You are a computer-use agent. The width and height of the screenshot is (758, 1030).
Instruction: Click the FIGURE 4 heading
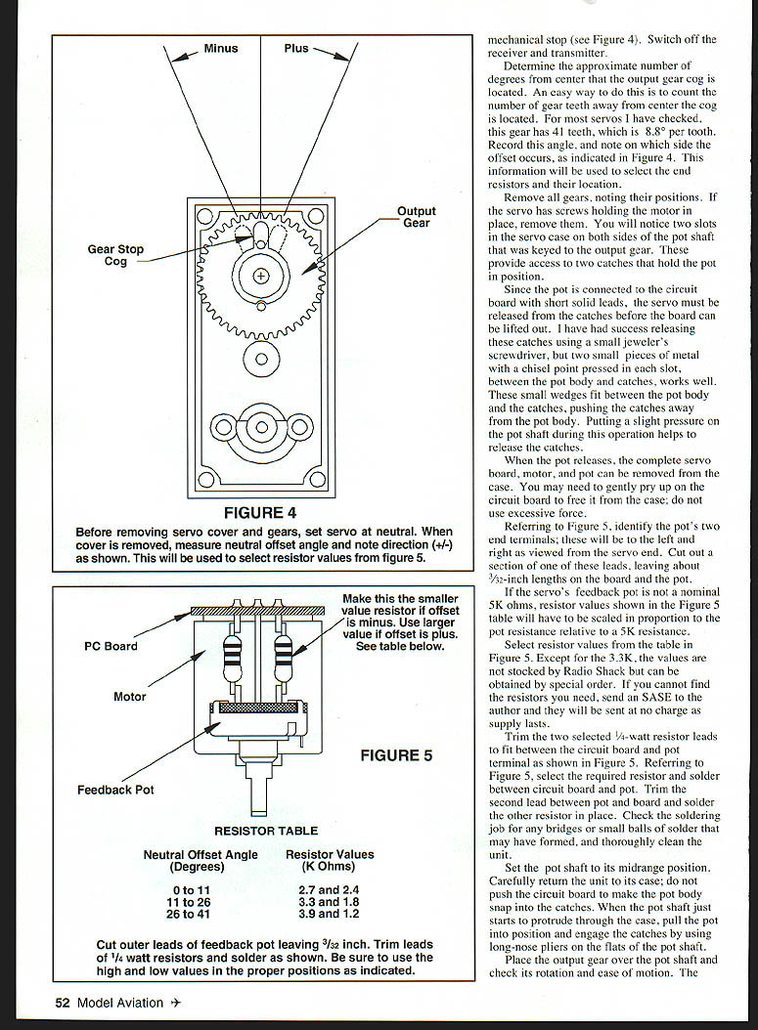coord(260,512)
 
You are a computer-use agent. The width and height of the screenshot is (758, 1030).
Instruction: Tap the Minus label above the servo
coord(221,48)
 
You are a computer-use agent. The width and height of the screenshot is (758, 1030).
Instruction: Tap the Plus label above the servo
coord(296,48)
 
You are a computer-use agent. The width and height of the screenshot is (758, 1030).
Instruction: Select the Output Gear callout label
coord(417,217)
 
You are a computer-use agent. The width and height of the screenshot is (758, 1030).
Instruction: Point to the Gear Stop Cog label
coord(115,255)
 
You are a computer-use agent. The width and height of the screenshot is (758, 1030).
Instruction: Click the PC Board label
coord(111,646)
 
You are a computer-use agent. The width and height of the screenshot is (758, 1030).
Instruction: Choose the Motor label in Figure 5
coord(129,697)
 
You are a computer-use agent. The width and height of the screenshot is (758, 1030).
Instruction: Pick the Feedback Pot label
coord(115,789)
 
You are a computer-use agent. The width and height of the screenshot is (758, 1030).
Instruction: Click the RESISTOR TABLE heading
coord(266,831)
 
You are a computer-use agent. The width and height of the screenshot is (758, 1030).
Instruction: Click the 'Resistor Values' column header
coord(330,860)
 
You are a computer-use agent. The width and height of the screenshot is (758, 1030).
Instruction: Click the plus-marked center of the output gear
coord(260,276)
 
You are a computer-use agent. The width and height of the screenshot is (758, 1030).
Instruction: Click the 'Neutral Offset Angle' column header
coord(201,860)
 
